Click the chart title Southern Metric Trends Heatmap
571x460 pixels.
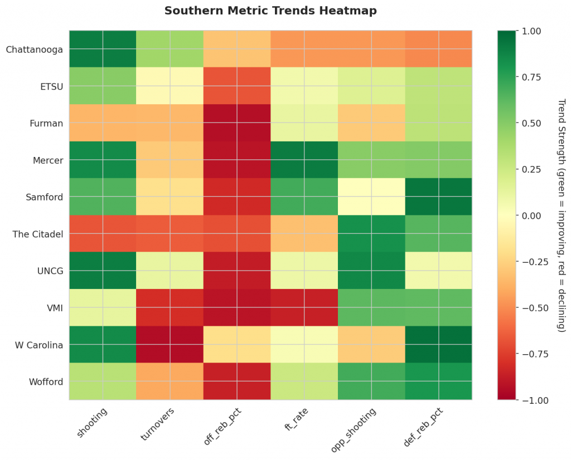point(270,11)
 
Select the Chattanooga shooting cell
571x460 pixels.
point(103,49)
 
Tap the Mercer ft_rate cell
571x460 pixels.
point(304,160)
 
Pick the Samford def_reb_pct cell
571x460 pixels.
point(438,197)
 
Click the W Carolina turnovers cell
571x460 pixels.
point(170,344)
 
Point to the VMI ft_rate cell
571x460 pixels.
point(304,307)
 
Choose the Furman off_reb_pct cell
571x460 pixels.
point(237,123)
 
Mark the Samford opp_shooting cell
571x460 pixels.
point(371,197)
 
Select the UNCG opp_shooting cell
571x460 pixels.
point(371,271)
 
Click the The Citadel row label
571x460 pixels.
point(37,234)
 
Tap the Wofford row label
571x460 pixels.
point(46,381)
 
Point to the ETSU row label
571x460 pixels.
point(51,86)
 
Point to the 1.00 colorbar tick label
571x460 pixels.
point(529,31)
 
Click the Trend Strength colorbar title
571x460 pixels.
point(562,216)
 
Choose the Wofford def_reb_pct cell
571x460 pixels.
point(438,381)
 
